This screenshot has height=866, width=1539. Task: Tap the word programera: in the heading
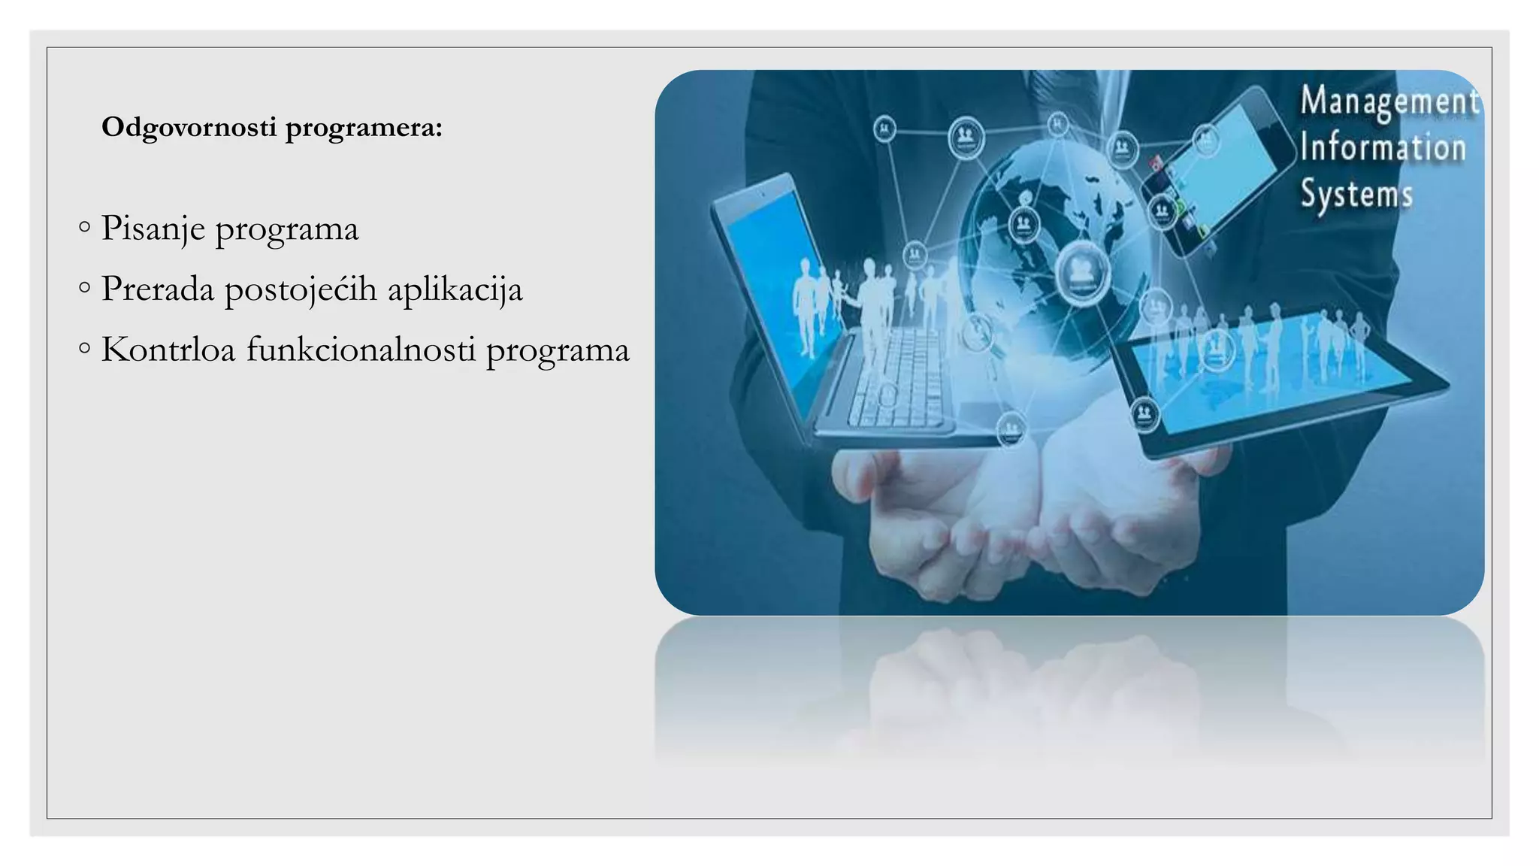click(x=364, y=128)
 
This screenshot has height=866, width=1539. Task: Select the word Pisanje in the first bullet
click(x=153, y=229)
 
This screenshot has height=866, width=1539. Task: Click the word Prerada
click(x=158, y=289)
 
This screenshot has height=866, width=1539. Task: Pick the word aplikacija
click(x=455, y=290)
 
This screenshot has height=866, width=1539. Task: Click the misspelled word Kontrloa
click(x=168, y=350)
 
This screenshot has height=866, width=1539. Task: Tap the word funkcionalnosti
click(x=361, y=350)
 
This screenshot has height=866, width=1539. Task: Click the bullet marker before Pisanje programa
click(x=84, y=226)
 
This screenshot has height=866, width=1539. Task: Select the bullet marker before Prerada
click(x=84, y=286)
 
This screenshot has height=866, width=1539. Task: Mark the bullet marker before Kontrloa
click(x=84, y=347)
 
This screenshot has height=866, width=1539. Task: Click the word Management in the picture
click(x=1389, y=102)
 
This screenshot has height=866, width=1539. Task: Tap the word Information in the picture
click(x=1383, y=147)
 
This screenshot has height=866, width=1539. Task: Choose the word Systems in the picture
click(x=1356, y=193)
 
